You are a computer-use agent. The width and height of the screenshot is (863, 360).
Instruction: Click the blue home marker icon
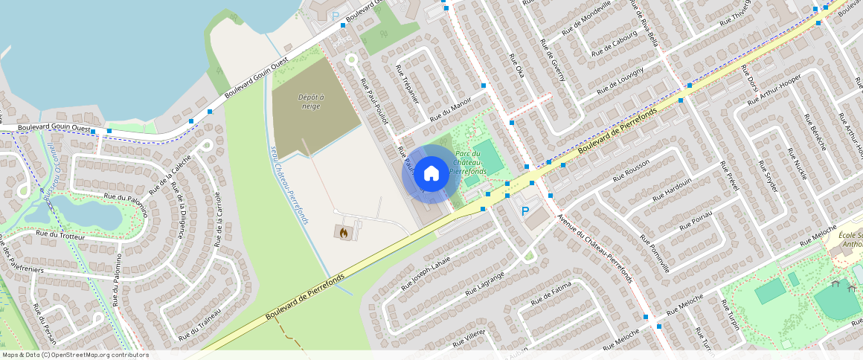click(431, 174)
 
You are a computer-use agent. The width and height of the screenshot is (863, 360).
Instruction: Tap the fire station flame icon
click(344, 233)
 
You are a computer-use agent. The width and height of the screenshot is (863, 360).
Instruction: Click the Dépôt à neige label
click(311, 102)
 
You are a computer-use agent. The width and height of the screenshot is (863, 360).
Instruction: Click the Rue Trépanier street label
click(408, 84)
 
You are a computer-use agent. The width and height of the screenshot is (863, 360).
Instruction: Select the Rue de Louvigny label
click(620, 76)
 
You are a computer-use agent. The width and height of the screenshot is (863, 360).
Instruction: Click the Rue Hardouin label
click(672, 189)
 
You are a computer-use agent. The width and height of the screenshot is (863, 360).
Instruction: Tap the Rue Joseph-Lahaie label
click(426, 273)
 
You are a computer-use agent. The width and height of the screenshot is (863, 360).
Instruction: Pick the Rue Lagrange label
click(485, 284)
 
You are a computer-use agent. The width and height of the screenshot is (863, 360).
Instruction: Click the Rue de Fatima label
click(551, 293)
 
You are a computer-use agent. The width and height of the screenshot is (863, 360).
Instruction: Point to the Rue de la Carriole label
click(218, 219)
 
